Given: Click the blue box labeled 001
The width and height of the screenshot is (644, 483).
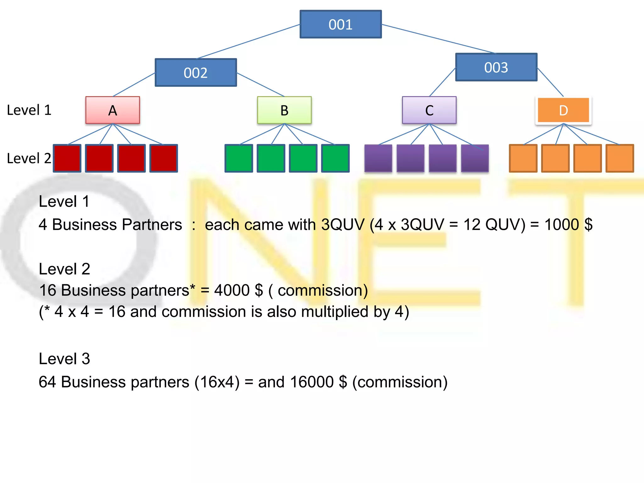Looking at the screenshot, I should tap(341, 24).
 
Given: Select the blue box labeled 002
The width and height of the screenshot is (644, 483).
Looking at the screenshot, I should tap(196, 72).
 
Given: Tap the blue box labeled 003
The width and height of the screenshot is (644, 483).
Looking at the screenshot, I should tap(496, 67).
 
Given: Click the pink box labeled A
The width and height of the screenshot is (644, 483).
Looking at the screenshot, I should tap(113, 110).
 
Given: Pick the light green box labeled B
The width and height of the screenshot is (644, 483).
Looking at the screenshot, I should tap(284, 110).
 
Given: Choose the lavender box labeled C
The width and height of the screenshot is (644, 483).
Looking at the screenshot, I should tap(429, 110).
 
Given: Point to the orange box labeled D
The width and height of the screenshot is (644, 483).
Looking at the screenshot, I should tap(563, 110).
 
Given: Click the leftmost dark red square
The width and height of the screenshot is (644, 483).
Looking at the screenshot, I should tap(67, 158).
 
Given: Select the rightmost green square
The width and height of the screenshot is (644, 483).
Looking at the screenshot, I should tap(335, 158).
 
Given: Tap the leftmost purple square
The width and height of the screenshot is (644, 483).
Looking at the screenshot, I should tap(378, 158).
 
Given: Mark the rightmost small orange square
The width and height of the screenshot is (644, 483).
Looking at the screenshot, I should tap(619, 158).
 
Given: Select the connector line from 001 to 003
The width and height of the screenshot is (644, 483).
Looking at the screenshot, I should tap(439, 39).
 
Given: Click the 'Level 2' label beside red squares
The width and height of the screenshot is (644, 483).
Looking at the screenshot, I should tap(29, 158).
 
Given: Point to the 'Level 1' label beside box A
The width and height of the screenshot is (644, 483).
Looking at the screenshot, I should tap(29, 110).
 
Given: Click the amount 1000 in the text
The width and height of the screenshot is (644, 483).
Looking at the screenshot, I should tap(562, 225).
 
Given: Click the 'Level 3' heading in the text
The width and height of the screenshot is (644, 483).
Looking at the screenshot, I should tap(64, 358).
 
